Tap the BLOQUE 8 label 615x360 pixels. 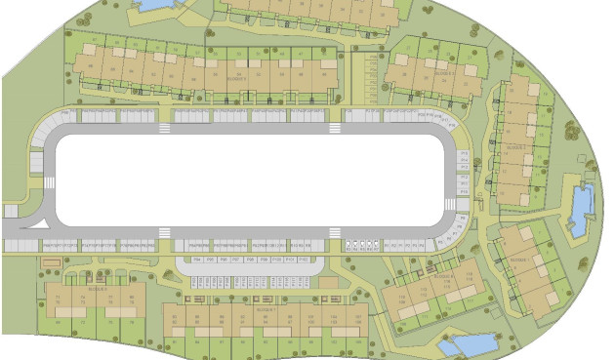(96, 290)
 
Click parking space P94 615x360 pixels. (196, 261)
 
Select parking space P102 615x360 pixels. (303, 261)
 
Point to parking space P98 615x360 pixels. (249, 261)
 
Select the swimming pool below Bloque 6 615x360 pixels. (467, 344)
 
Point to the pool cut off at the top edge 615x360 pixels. (153, 5)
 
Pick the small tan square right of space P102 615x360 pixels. (322, 261)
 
